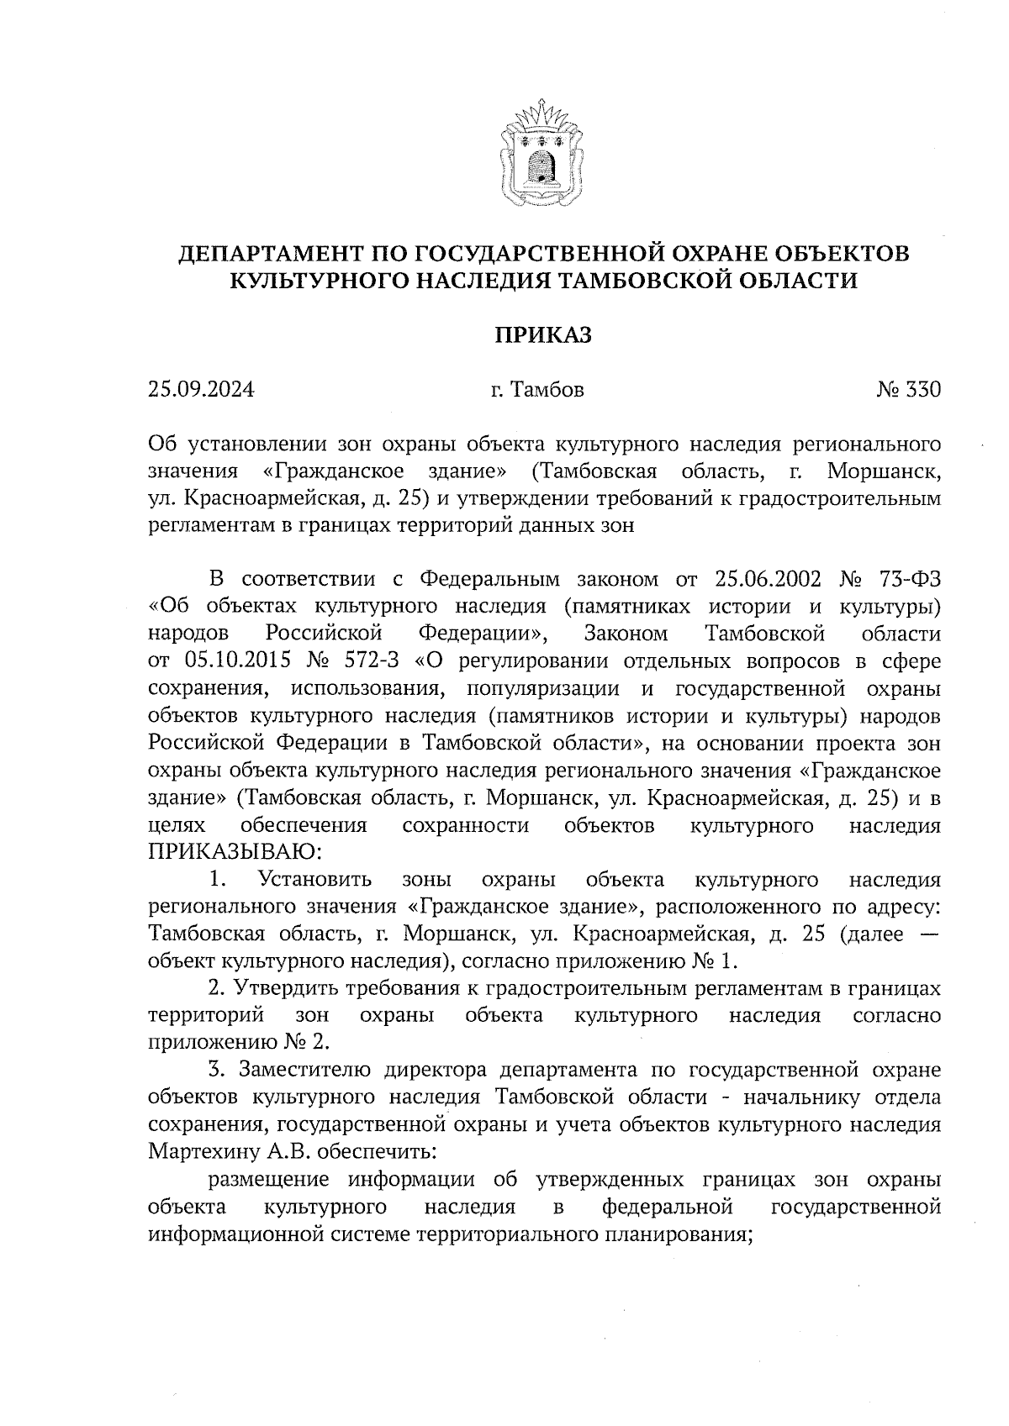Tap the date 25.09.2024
(x=201, y=390)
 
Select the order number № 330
(x=908, y=390)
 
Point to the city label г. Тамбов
(x=536, y=390)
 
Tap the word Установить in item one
(x=316, y=880)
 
